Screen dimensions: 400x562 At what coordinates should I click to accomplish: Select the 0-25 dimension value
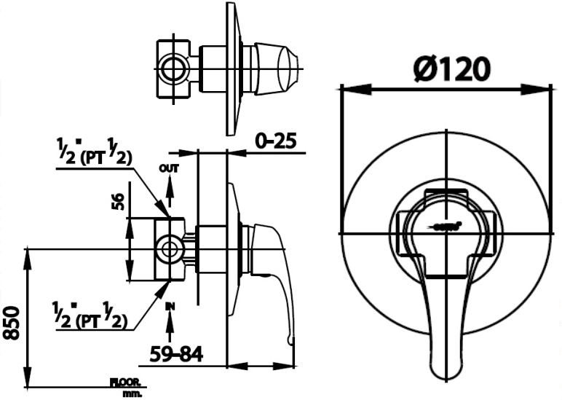click(277, 141)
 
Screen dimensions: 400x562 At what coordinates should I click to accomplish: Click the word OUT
click(169, 168)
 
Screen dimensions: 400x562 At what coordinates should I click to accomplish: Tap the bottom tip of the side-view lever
click(291, 342)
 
